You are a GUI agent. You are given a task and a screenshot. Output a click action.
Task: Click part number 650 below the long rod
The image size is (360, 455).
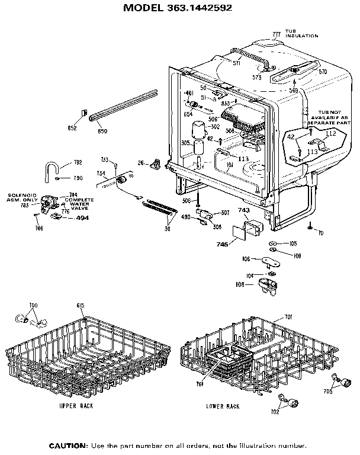point(102,131)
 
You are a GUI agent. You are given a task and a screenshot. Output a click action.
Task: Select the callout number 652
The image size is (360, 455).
point(72,128)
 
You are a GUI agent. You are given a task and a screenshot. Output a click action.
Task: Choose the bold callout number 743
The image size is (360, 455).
point(244,210)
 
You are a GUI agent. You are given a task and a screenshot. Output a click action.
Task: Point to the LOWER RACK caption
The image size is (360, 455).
point(222,406)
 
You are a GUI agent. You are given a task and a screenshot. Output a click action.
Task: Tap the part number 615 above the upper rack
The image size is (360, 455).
point(81,306)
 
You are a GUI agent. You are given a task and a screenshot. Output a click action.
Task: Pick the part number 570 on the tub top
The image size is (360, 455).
point(323,72)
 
